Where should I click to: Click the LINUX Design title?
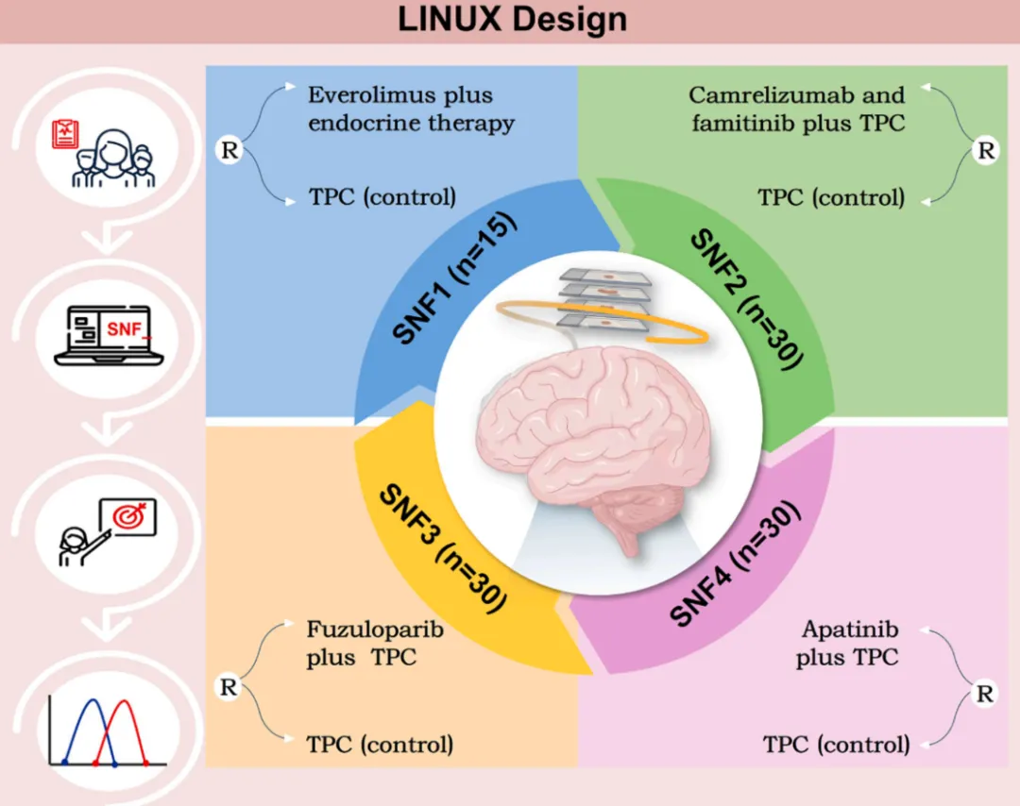pos(512,19)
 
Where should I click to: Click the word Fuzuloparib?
pos(375,630)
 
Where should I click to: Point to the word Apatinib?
pos(850,630)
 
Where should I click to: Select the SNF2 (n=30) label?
pos(747,298)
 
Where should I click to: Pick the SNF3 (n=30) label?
pos(442,548)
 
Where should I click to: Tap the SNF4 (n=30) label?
pos(734,563)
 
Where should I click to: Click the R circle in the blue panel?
pos(229,150)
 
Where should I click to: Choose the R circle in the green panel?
pos(985,150)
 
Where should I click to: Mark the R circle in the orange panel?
pos(229,687)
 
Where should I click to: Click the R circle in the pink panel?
pos(984,694)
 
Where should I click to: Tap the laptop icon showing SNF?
pos(109,335)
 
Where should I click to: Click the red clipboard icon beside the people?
pos(66,133)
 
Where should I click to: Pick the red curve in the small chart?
pos(122,731)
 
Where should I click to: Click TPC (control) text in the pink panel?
pos(836,745)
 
